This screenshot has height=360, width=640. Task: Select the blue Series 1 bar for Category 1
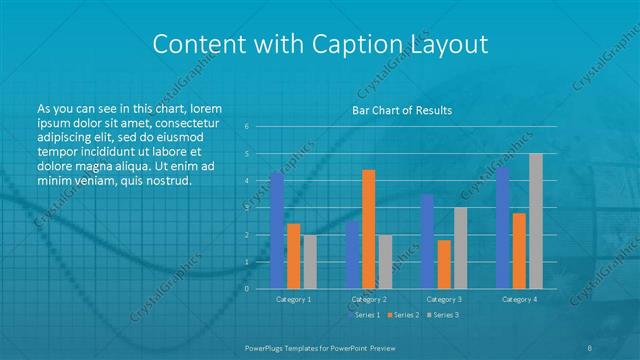point(277,230)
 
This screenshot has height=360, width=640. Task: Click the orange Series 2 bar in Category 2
point(369,229)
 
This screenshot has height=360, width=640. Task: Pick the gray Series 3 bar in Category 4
point(536,221)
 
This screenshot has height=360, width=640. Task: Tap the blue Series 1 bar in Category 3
point(427,241)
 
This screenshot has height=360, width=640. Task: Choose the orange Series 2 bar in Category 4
point(520,250)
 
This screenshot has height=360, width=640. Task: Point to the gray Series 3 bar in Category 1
point(309,261)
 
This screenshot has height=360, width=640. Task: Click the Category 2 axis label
point(369,299)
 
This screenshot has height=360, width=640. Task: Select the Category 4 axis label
point(520,299)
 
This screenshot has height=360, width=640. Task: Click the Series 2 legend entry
point(404,315)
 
